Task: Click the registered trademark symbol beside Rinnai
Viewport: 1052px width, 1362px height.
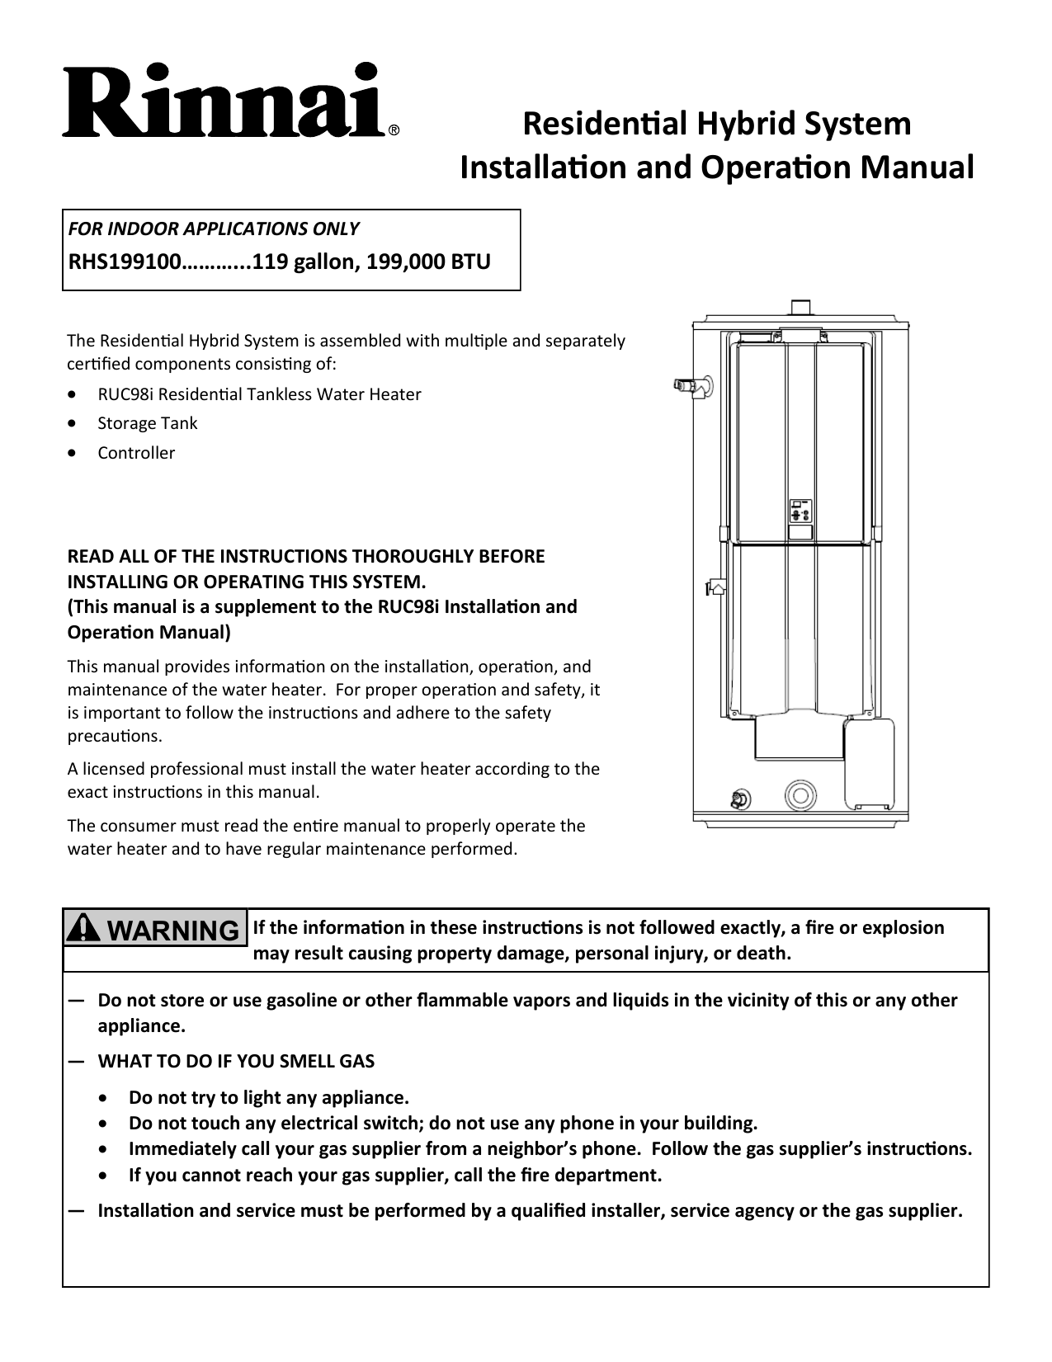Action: (394, 130)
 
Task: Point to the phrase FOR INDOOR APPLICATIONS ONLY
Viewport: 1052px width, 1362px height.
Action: (213, 229)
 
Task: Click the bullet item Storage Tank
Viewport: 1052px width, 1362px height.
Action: (148, 423)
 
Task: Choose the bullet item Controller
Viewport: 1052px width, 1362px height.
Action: (136, 453)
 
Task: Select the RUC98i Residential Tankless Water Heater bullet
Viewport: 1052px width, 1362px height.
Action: (259, 394)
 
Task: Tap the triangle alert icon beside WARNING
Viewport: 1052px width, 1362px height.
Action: (83, 930)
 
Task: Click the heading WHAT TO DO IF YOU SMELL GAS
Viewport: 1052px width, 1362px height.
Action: (236, 1062)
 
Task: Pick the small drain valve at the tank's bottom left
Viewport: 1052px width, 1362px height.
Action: (740, 799)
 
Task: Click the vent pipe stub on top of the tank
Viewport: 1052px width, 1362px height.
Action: (799, 306)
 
